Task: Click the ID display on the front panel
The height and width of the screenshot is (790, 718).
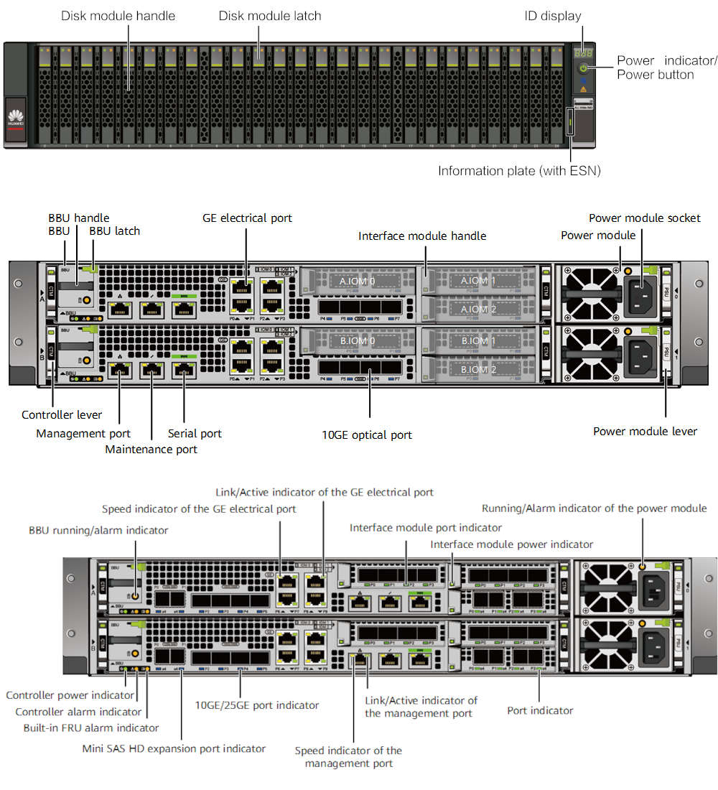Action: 582,52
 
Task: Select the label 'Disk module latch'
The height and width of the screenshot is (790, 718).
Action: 270,15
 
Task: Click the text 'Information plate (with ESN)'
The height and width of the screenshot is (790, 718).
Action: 519,171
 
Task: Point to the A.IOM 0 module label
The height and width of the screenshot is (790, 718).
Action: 358,281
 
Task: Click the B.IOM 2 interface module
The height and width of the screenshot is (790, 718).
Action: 479,370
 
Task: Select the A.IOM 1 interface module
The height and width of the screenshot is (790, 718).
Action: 479,280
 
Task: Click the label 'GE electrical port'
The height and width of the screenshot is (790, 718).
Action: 248,218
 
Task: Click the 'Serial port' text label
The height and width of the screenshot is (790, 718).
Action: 195,433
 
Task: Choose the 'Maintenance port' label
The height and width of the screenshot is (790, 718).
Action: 151,449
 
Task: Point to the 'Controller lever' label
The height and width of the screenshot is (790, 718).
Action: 62,414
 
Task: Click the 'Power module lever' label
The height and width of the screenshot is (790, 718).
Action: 645,431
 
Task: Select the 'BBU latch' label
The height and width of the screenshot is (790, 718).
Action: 115,231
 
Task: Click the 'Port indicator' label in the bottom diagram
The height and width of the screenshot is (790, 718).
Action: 540,710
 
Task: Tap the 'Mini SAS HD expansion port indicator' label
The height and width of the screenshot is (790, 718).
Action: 174,748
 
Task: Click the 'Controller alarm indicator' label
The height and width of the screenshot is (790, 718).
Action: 78,712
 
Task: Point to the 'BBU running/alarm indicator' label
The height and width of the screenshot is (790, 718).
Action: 98,530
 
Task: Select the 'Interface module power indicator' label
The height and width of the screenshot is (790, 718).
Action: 512,544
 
